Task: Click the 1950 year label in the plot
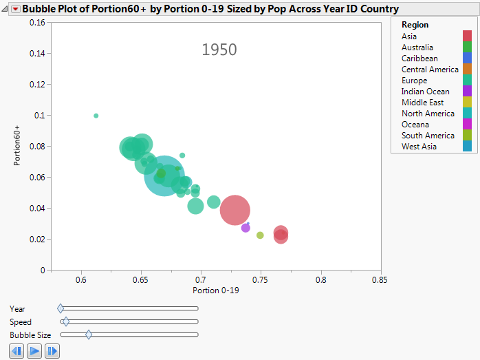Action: click(x=219, y=50)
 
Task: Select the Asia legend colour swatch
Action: click(x=468, y=36)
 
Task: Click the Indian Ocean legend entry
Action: click(x=425, y=92)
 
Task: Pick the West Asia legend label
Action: click(x=418, y=147)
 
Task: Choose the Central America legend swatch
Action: click(x=468, y=70)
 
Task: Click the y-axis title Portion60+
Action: click(x=19, y=146)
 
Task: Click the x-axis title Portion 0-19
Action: click(x=216, y=291)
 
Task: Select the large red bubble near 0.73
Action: click(x=234, y=210)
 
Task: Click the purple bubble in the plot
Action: click(x=246, y=228)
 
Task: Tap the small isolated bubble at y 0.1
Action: click(x=96, y=116)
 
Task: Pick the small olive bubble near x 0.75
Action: click(x=260, y=235)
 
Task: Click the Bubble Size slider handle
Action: click(x=89, y=335)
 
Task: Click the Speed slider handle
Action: click(x=65, y=321)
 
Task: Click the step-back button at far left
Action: click(x=17, y=351)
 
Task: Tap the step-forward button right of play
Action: click(x=52, y=351)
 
